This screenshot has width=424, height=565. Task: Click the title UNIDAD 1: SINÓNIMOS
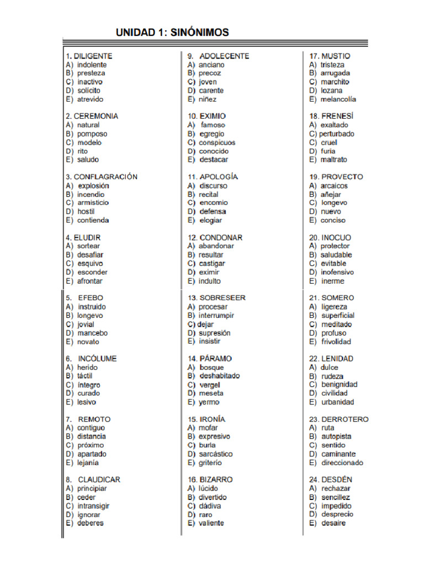point(172,33)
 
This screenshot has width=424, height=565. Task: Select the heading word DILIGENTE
point(93,56)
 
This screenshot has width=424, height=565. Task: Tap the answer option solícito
point(89,90)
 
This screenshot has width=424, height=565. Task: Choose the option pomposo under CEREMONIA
point(92,134)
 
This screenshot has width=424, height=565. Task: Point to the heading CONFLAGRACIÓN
point(105,177)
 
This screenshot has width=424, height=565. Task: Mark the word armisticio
point(93,202)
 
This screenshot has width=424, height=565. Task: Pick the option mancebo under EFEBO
point(92,333)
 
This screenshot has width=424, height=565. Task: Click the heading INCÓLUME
point(97,359)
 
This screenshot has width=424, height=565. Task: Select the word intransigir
point(93,506)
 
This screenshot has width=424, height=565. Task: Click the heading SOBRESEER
point(222,298)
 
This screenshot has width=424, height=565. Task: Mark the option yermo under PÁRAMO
point(209,402)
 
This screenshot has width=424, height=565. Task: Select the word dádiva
point(210,506)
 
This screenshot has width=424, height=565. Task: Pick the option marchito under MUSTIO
point(335,82)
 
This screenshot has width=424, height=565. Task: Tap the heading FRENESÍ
point(337,116)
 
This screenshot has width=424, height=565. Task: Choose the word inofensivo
point(337,272)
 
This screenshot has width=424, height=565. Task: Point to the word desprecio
point(337,514)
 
